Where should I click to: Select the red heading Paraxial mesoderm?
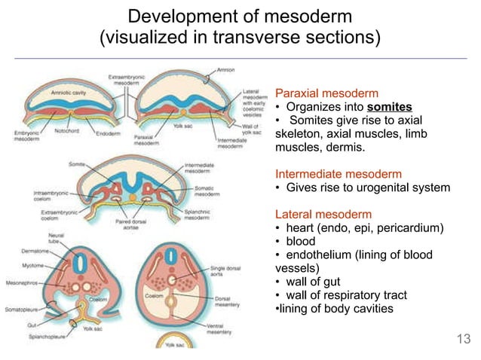coord(326,93)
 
